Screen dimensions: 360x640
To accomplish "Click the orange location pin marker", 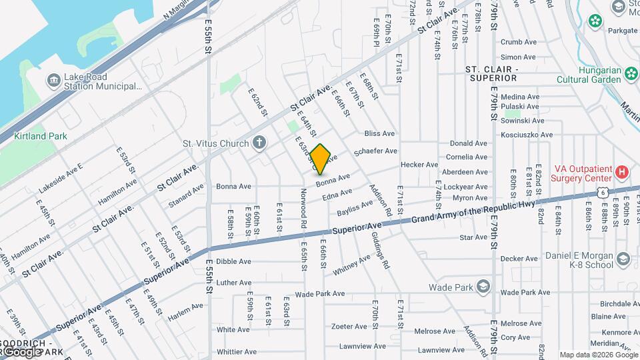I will [321, 159].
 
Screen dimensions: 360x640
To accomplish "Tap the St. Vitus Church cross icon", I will [259, 143].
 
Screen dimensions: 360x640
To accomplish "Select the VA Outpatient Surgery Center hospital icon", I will [622, 172].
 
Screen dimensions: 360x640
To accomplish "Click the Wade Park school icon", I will [483, 287].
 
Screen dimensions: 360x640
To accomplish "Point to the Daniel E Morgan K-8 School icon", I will [623, 259].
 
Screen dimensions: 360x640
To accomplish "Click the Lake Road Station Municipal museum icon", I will [53, 81].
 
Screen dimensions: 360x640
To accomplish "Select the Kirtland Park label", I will [41, 136].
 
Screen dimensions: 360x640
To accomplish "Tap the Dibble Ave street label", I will [233, 262].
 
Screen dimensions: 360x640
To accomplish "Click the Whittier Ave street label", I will [237, 351].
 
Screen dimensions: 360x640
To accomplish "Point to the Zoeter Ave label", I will [349, 326].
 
